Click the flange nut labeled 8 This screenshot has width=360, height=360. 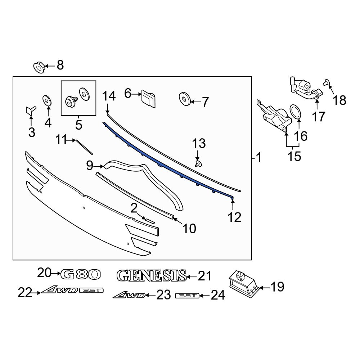tap(39, 67)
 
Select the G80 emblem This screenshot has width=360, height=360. tap(81, 274)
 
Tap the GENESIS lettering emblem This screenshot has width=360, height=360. tap(152, 275)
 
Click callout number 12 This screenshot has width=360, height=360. tap(234, 217)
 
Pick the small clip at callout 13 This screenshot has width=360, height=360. tap(198, 164)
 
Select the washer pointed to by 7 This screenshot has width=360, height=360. tap(184, 99)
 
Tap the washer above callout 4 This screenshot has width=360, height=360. tap(47, 100)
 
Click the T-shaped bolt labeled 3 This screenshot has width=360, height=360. tap(31, 110)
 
